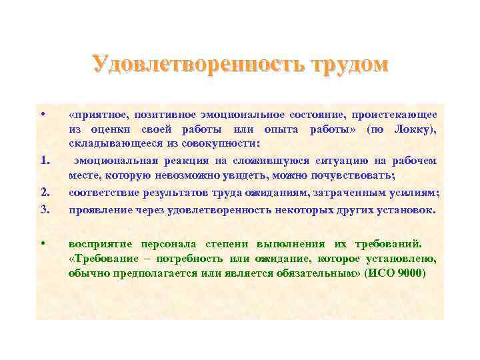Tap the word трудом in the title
coord(346,65)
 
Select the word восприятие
coord(99,243)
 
